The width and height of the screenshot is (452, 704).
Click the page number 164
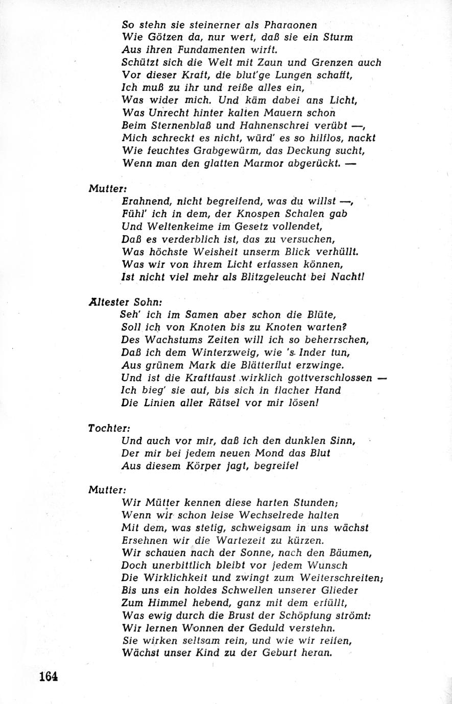tap(48, 676)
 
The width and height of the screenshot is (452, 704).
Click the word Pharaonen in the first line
tap(292, 24)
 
